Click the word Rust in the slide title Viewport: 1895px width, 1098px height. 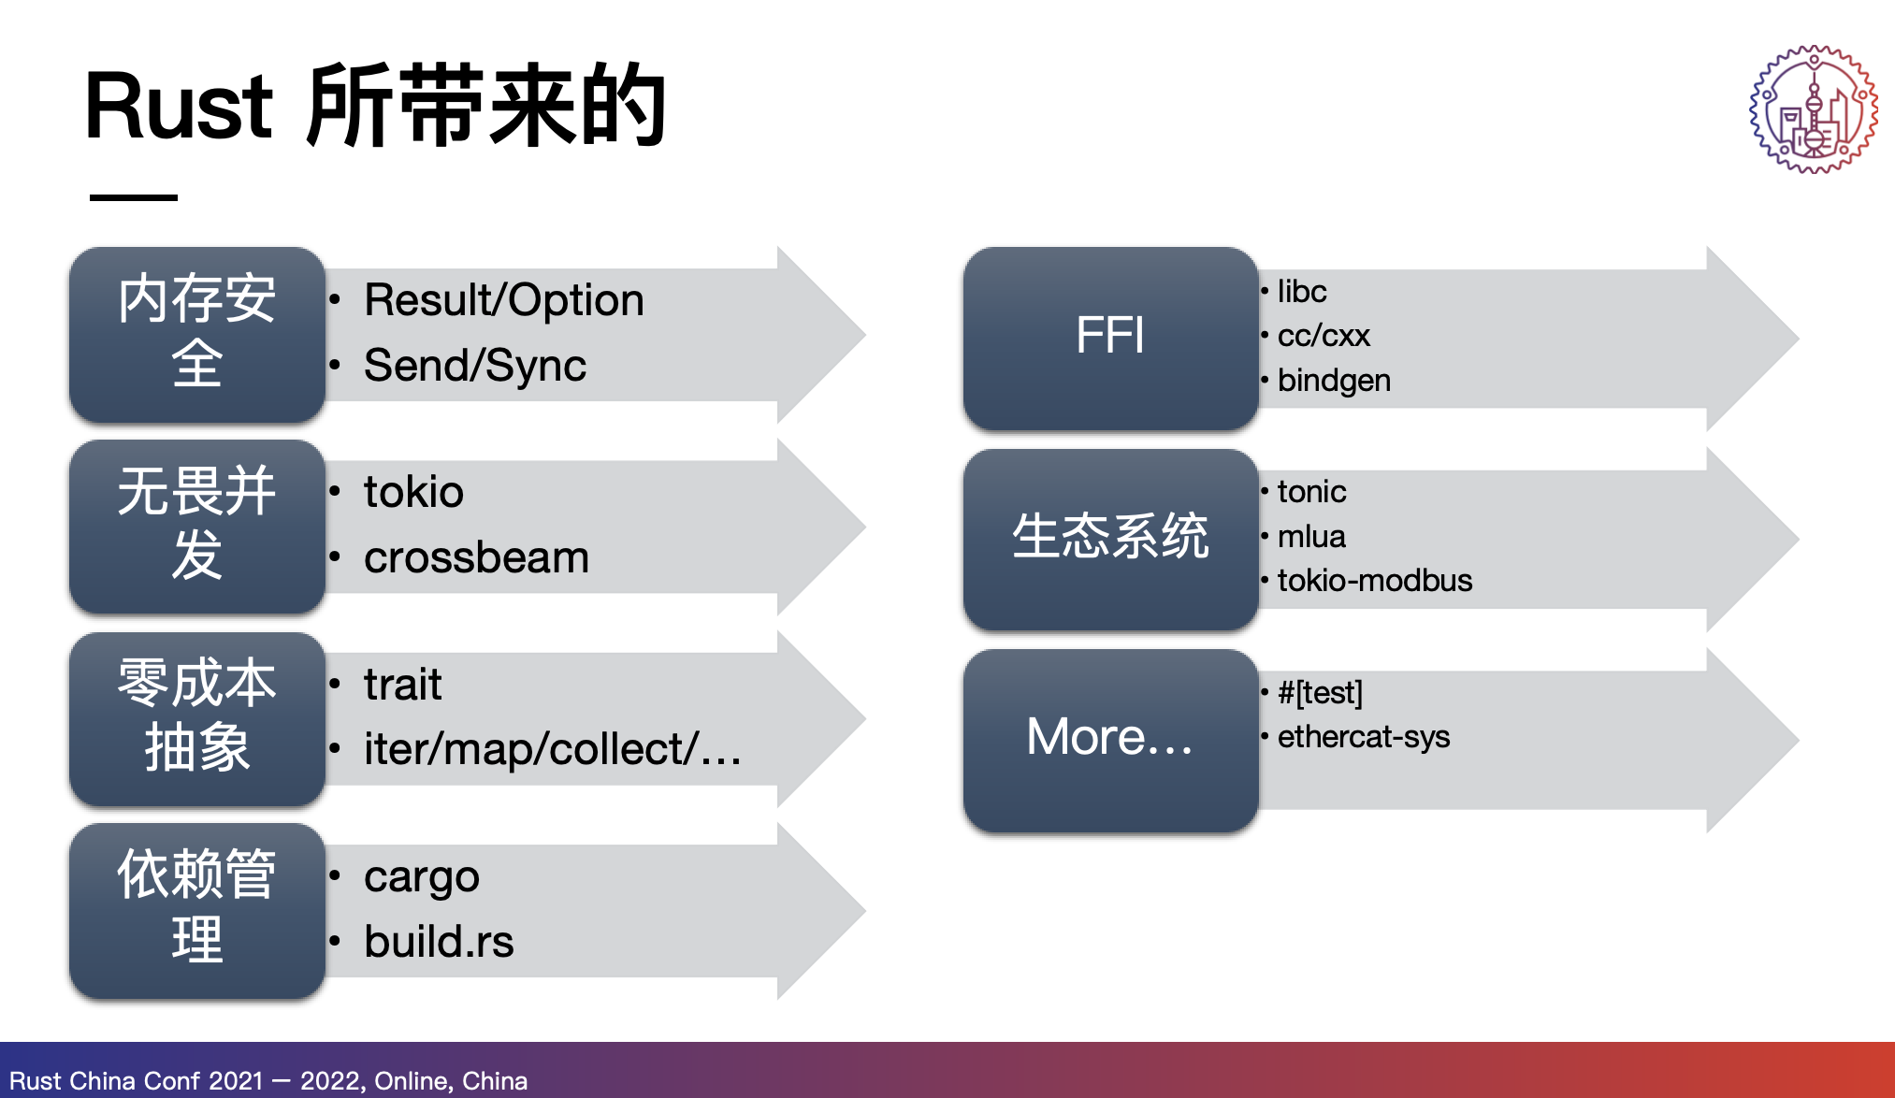178,107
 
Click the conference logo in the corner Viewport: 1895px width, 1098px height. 1813,109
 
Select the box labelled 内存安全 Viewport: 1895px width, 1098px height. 197,333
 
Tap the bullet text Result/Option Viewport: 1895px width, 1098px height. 503,300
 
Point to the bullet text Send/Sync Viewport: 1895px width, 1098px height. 474,366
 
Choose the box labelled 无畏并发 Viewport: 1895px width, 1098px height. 197,526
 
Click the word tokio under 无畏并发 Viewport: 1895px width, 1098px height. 413,492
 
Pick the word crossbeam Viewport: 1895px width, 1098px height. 476,558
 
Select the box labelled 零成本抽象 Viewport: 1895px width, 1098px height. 197,718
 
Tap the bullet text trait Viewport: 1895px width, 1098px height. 402,685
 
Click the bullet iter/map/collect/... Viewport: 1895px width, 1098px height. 551,750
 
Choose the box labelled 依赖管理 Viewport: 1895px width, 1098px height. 197,910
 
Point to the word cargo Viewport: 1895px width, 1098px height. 421,877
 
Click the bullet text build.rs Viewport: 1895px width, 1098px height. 439,942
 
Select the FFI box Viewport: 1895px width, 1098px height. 1110,337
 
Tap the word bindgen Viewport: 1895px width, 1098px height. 1334,381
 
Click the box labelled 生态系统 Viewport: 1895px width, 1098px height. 1110,538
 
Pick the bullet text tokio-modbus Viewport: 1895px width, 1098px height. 1374,581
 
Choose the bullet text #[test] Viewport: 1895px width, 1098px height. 1320,693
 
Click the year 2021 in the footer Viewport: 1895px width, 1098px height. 236,1081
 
